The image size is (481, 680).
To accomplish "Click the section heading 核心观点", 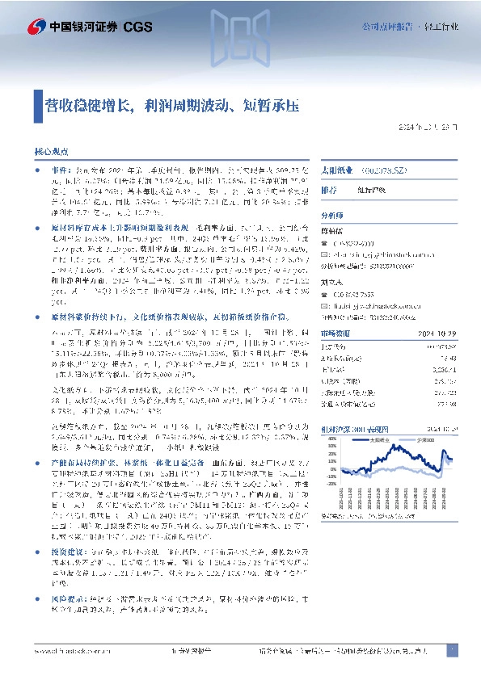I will click(x=53, y=151).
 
